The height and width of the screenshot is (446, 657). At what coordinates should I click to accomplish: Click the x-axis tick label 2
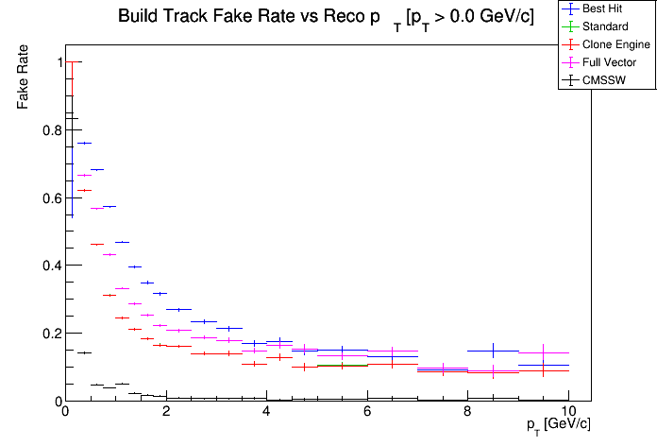coord(165,411)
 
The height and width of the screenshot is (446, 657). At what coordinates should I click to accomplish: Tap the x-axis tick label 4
coord(266,411)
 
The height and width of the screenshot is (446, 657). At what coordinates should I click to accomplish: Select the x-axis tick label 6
coord(367,411)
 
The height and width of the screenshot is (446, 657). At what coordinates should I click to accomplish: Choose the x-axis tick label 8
coord(467,411)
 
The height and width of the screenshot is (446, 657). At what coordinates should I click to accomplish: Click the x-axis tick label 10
coord(567,411)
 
